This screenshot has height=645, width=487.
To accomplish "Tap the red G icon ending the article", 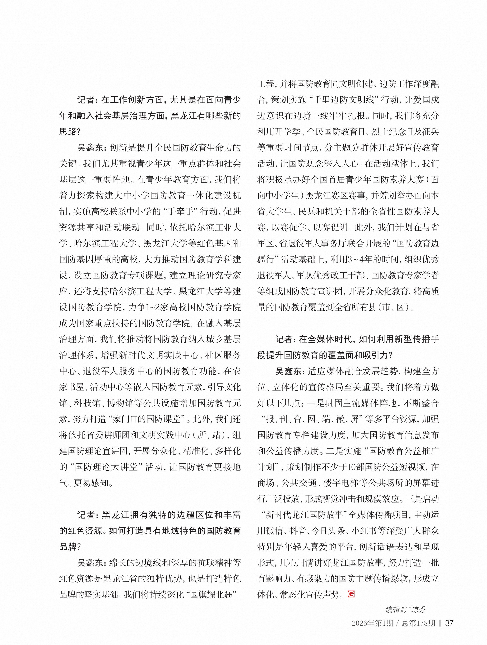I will tap(351, 593).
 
